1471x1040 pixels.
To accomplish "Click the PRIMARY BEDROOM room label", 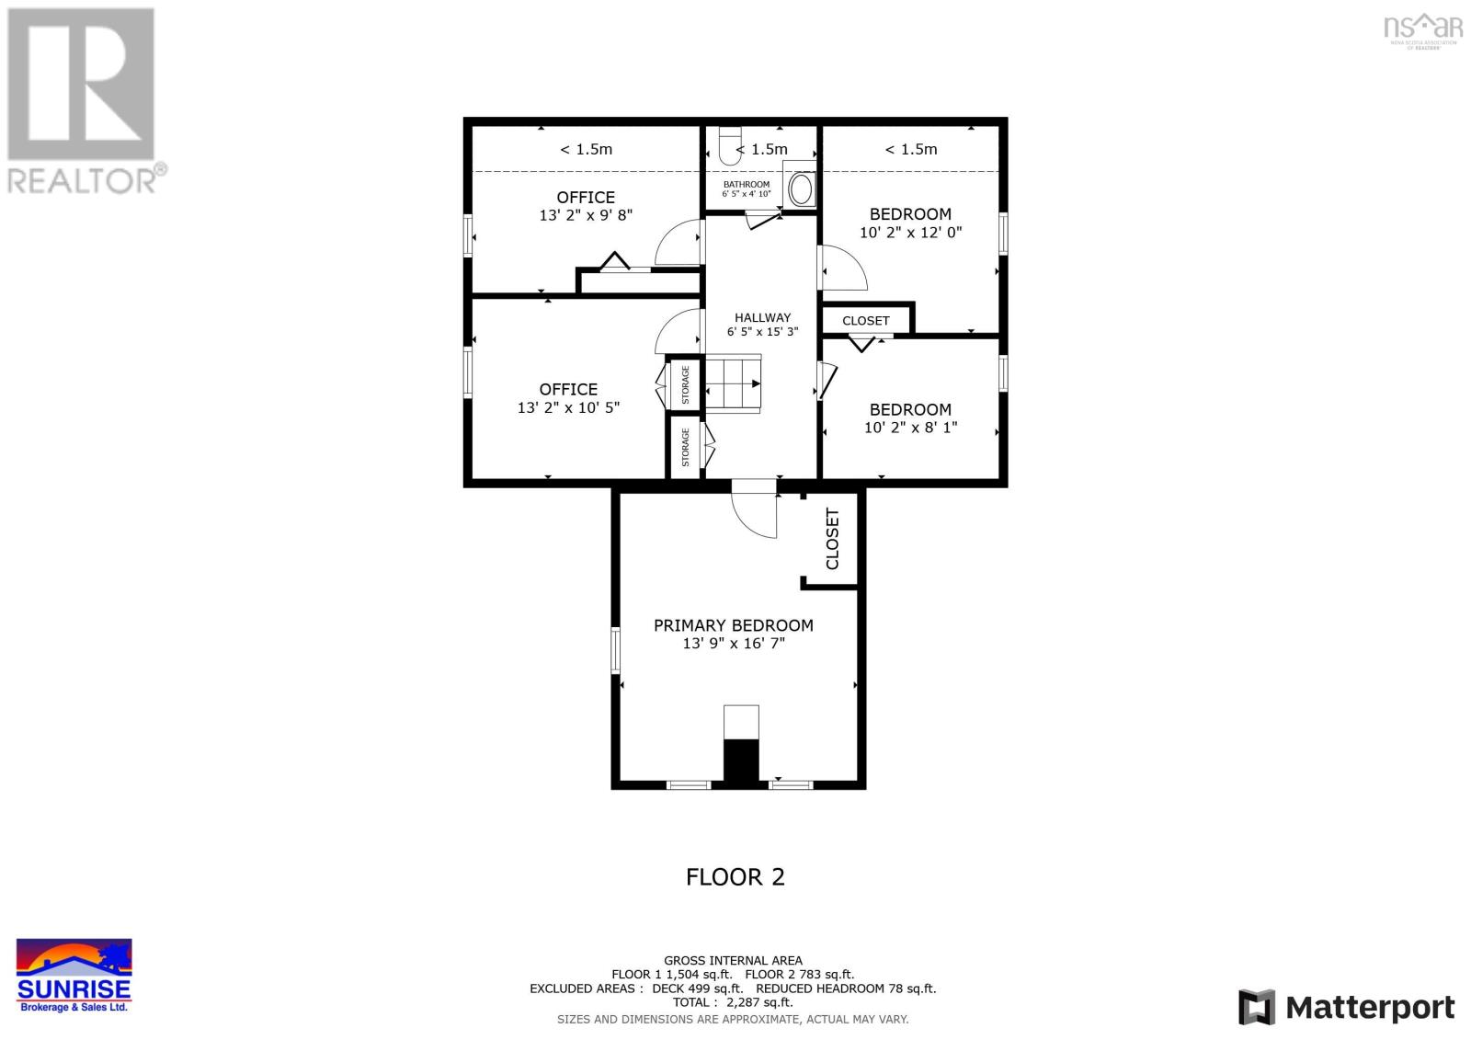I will [733, 625].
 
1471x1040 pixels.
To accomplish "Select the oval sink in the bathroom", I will [801, 190].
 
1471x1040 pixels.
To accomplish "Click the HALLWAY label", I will [762, 317].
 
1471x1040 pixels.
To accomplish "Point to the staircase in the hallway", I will [734, 383].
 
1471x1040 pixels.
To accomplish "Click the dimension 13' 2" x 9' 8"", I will [586, 215].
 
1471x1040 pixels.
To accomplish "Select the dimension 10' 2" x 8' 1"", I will [910, 427].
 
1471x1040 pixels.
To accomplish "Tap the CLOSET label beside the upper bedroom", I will [865, 321].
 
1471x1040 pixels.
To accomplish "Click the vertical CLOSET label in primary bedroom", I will [833, 539].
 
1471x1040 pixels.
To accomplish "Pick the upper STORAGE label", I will [686, 384].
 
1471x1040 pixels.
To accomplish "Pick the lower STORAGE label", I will [686, 447].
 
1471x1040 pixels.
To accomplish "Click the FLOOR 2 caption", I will [735, 876].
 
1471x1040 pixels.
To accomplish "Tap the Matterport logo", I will [1346, 1007].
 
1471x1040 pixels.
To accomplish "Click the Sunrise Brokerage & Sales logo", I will [74, 976].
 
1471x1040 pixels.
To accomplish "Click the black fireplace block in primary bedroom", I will [741, 761].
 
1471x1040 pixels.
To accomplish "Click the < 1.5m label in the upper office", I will [586, 149].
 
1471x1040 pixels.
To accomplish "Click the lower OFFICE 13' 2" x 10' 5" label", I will [568, 398].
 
